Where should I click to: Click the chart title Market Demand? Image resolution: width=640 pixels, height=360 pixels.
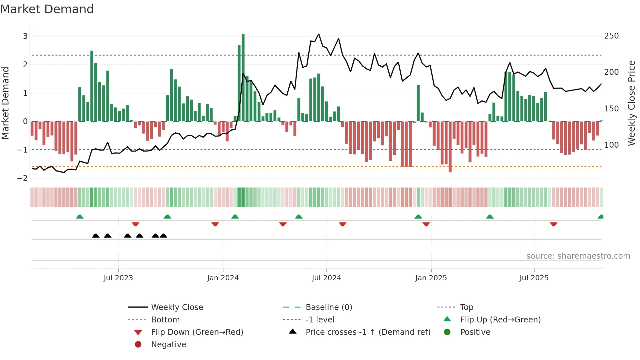point(47,9)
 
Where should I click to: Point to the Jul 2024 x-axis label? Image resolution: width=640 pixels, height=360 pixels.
point(326,278)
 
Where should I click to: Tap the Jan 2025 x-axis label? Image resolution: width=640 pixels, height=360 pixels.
point(431,278)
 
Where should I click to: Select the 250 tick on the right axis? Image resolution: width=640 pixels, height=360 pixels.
point(611,36)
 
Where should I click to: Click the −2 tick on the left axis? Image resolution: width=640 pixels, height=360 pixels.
point(23,178)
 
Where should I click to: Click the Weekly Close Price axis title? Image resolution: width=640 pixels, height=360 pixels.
point(632,103)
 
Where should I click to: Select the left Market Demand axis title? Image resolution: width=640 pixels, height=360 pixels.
point(6,103)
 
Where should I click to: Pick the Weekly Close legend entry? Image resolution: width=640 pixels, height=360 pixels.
point(177,307)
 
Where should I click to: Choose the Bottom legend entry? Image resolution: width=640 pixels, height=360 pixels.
point(165,320)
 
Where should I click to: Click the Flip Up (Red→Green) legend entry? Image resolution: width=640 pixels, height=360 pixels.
point(500,320)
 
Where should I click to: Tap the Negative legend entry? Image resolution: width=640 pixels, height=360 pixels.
point(168,345)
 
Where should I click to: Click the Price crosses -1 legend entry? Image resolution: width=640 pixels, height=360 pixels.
point(368,332)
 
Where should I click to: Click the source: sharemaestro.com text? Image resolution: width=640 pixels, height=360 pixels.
point(578,256)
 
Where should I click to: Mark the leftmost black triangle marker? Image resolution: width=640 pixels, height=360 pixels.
point(96,236)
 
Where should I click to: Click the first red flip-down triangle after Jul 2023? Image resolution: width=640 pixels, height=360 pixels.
point(136,224)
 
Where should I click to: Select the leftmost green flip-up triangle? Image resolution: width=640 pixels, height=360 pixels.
point(80,217)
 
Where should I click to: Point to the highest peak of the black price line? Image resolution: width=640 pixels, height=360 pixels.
point(319,34)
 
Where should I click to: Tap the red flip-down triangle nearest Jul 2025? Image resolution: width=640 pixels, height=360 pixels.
point(553,224)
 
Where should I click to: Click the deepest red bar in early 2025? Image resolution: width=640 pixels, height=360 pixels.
point(450,147)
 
